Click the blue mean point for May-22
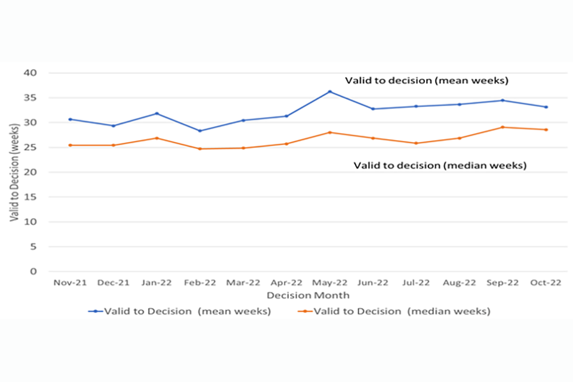pyautogui.click(x=329, y=91)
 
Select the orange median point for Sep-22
pyautogui.click(x=503, y=127)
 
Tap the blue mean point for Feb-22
pyautogui.click(x=200, y=131)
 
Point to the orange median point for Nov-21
pyautogui.click(x=70, y=145)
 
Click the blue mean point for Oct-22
pyautogui.click(x=546, y=107)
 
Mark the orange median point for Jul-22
pyautogui.click(x=416, y=143)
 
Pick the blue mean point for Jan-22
pyautogui.click(x=156, y=113)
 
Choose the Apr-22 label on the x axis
pyautogui.click(x=286, y=283)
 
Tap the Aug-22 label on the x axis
pyautogui.click(x=460, y=283)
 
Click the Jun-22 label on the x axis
pyautogui.click(x=373, y=283)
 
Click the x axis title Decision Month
pyautogui.click(x=308, y=295)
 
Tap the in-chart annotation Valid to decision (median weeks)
pyautogui.click(x=440, y=166)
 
